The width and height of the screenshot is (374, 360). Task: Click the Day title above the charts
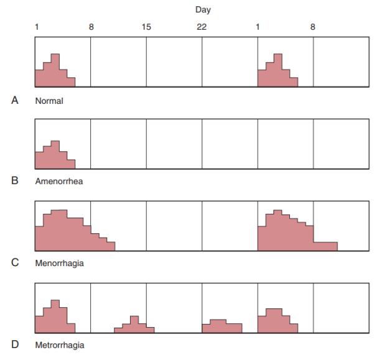pos(202,11)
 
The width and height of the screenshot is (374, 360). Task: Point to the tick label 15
pos(146,27)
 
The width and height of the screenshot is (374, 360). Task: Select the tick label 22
pos(202,27)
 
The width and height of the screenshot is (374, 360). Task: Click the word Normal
pos(49,100)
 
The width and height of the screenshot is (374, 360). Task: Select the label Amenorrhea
pos(58,182)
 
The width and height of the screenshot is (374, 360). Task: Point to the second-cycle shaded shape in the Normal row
pos(277,75)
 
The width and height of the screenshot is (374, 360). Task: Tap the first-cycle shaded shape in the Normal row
pos(54,75)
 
